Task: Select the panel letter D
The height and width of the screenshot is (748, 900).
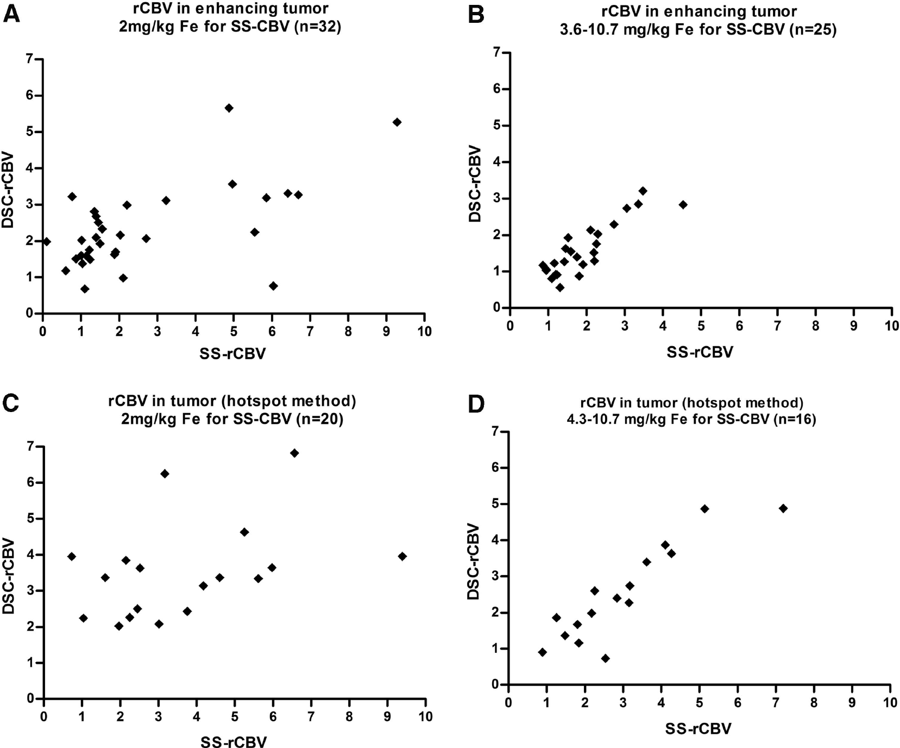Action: [476, 406]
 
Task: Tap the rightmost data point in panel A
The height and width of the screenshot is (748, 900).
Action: [397, 122]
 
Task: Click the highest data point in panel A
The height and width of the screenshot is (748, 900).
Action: [229, 108]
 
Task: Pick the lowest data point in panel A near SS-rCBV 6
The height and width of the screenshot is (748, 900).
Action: [273, 285]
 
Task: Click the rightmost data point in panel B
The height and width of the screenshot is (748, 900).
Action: [683, 204]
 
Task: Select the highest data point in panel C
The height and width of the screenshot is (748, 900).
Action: [294, 453]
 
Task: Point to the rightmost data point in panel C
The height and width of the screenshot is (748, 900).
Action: [402, 556]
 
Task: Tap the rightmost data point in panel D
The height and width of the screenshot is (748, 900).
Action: [783, 508]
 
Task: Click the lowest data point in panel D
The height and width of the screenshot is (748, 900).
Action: [605, 658]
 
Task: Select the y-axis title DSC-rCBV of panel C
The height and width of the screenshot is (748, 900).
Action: [9, 576]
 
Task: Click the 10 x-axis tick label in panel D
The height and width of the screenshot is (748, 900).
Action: [889, 702]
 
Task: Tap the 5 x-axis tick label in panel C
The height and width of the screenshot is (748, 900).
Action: [235, 716]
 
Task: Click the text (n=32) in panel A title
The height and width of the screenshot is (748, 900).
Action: [318, 26]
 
